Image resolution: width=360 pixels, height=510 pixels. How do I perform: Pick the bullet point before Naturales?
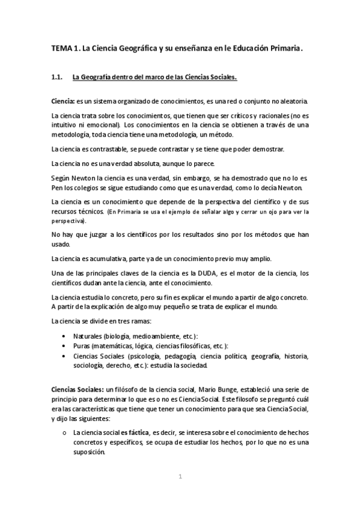pyautogui.click(x=65, y=335)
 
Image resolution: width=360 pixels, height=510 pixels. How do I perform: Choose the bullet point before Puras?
pyautogui.click(x=65, y=346)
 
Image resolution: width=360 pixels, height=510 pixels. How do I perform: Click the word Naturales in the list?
pyautogui.click(x=87, y=335)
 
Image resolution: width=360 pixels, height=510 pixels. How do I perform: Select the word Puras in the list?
pyautogui.click(x=81, y=346)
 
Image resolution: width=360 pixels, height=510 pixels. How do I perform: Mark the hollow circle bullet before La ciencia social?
pyautogui.click(x=65, y=432)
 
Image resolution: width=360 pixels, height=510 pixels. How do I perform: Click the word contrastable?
pyautogui.click(x=109, y=149)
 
